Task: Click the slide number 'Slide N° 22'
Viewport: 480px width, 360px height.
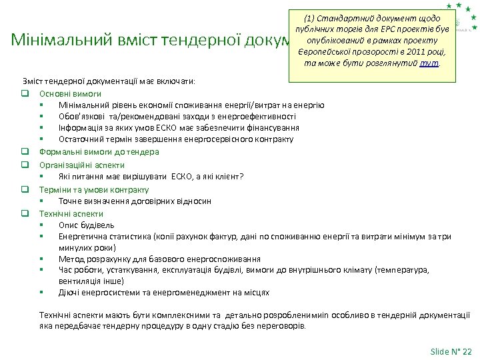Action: [451, 351]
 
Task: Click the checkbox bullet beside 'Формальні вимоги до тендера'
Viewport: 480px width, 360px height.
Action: [24, 152]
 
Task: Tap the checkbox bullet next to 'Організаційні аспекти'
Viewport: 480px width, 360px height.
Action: [24, 164]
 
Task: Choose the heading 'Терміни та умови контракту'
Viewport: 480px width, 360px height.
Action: [94, 189]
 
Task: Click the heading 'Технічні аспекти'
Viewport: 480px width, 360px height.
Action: [71, 214]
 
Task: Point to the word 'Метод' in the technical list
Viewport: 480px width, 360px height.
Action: [71, 259]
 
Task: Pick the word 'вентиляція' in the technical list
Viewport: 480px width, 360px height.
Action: [79, 281]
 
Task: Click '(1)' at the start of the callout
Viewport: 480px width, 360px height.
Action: [311, 17]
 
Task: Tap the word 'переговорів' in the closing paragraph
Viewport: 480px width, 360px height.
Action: [282, 326]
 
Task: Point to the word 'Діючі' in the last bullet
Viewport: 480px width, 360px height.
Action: [69, 292]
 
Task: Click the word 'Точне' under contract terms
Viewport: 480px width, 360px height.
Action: [70, 201]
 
